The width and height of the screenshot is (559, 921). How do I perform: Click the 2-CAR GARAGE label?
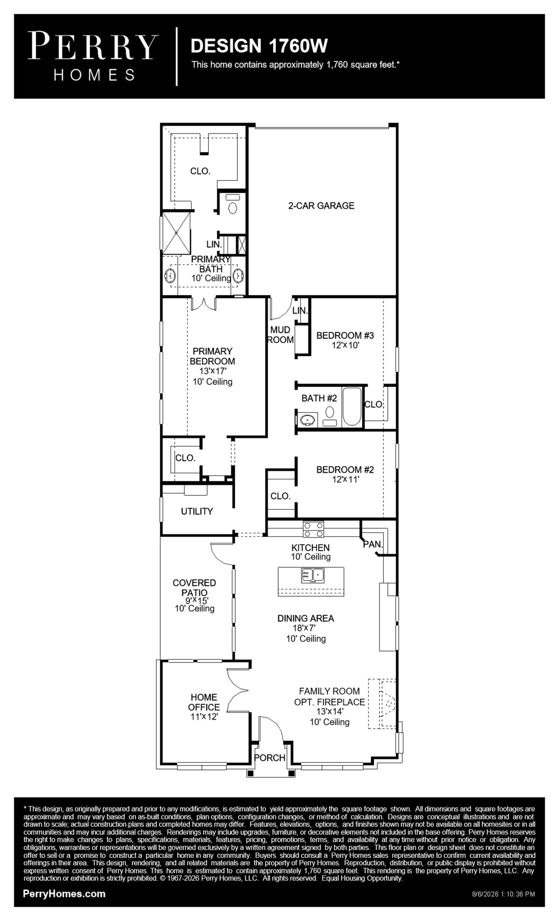point(321,206)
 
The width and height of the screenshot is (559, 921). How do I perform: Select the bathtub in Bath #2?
point(352,406)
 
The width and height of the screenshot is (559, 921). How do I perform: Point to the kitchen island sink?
point(313,575)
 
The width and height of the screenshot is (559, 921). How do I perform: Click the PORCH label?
point(269,758)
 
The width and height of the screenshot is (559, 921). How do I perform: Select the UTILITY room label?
point(197,511)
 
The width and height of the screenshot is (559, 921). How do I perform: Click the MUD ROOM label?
point(281,334)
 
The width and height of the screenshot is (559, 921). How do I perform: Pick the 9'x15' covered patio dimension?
point(197,600)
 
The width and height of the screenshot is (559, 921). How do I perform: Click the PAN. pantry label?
point(373,545)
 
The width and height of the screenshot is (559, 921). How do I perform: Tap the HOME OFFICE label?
point(204,702)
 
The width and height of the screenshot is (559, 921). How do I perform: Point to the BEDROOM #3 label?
point(345,335)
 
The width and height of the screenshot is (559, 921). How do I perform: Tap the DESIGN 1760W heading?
point(259,45)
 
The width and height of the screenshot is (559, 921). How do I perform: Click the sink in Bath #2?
point(308,420)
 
